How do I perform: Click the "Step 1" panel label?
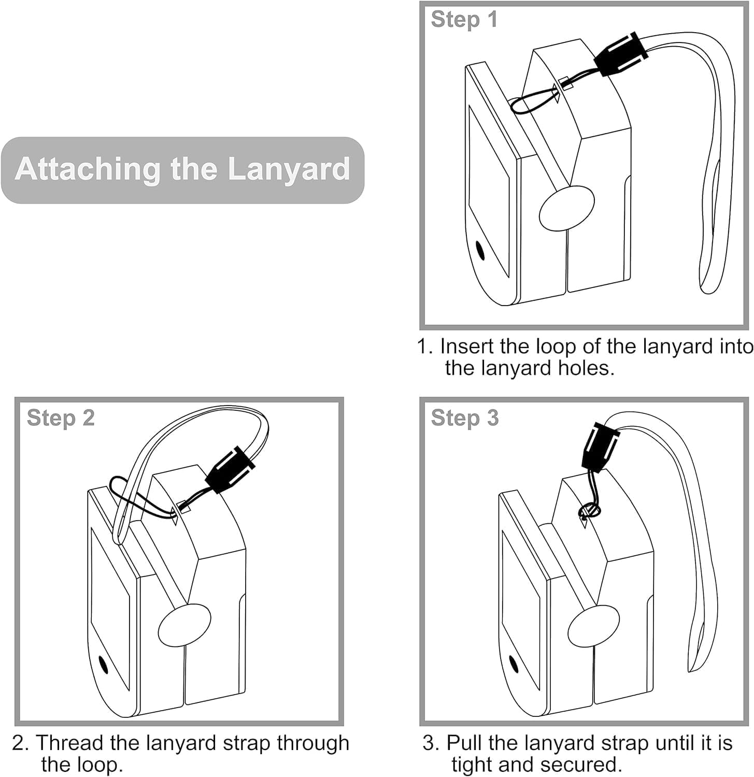(x=464, y=20)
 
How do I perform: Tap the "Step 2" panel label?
(x=61, y=418)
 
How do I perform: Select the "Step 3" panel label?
(x=464, y=418)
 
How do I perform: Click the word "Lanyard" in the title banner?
(x=289, y=169)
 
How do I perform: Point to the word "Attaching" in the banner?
(x=87, y=169)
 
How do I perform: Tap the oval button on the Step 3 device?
(x=594, y=625)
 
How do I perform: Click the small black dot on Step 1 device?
(x=480, y=251)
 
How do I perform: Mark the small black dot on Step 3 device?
(x=514, y=664)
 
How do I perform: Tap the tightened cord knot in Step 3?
(x=589, y=511)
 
